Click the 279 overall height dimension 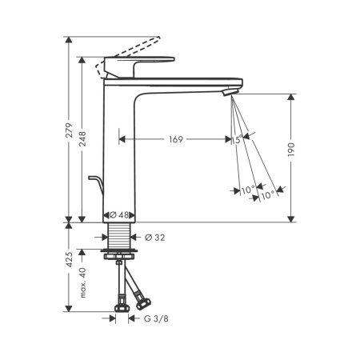tap(70, 130)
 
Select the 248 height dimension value tap(82, 138)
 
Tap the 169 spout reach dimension tap(176, 139)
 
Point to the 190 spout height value tap(291, 150)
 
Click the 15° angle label tap(237, 140)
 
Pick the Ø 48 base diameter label tap(119, 215)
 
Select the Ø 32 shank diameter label tap(155, 237)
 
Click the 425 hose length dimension tap(70, 259)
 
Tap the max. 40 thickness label tap(82, 282)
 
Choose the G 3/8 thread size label tap(156, 318)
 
